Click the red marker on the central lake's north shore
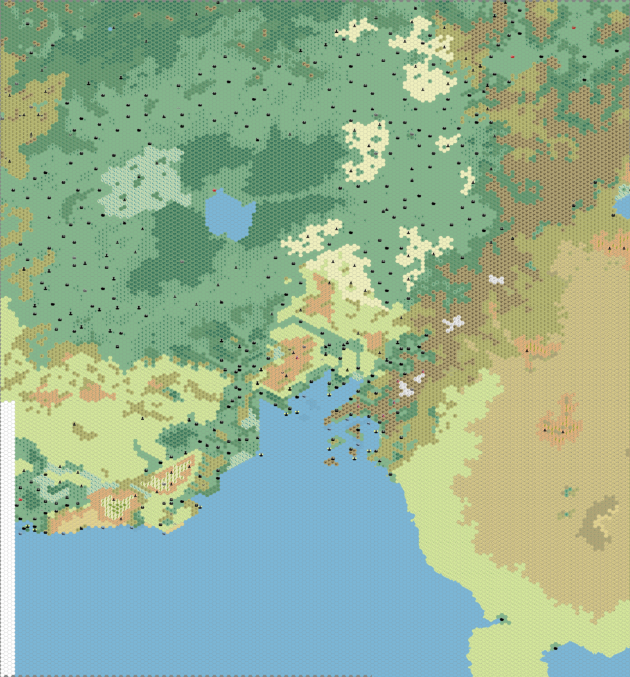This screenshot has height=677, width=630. tap(214, 190)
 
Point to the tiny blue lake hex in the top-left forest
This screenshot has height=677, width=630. tap(110, 29)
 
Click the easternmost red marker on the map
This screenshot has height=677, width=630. tap(572, 27)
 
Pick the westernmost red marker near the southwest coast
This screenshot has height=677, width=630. tap(20, 500)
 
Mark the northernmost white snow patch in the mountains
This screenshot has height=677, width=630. tap(496, 280)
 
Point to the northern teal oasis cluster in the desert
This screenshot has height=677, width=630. tap(568, 491)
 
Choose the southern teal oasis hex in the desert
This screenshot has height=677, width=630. tap(565, 514)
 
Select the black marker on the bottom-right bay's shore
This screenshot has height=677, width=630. tap(555, 649)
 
